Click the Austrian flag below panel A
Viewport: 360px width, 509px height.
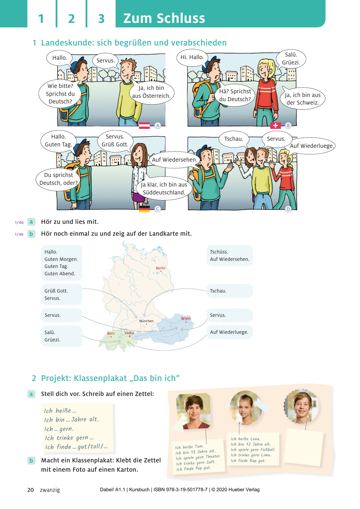pos(144,125)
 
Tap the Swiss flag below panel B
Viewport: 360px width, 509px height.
pos(275,125)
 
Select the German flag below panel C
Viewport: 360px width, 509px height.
pos(144,209)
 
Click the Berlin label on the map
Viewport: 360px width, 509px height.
pos(161,268)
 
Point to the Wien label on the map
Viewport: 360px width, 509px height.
pos(186,318)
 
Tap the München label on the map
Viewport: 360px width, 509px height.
pos(146,321)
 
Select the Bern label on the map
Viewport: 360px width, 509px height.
pos(111,333)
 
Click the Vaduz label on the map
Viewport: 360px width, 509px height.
pos(129,333)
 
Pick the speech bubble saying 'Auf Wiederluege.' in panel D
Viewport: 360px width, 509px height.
pos(312,146)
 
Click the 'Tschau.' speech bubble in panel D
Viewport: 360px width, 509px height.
pos(234,139)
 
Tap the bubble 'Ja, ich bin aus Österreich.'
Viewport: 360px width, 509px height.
pos(151,92)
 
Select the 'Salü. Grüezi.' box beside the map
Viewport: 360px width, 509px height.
pos(62,336)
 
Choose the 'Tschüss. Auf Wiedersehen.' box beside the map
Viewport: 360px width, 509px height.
pos(229,255)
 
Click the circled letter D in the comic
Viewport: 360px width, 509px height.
pos(288,209)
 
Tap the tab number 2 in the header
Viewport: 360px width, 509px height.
pos(71,19)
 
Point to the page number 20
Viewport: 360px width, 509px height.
pos(31,490)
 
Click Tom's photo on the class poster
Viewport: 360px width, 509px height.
pos(193,411)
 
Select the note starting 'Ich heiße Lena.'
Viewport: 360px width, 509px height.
pos(253,449)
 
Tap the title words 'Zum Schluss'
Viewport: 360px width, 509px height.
pos(164,18)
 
